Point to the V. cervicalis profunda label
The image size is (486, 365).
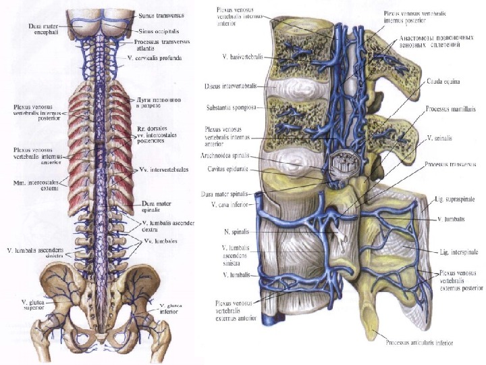point(159,59)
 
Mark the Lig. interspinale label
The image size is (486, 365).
point(454,251)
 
